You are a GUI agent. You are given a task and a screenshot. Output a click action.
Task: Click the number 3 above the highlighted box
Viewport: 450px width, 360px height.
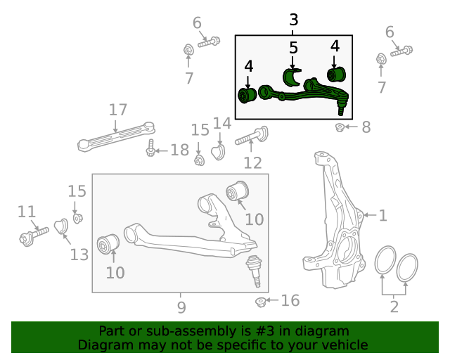pyautogui.click(x=294, y=20)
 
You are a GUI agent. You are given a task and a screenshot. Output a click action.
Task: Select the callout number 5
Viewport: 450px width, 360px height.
pyautogui.click(x=293, y=48)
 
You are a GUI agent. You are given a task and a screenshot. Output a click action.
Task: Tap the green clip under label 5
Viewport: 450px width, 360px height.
pyautogui.click(x=292, y=78)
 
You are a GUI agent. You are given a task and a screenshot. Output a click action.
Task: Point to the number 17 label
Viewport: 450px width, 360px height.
pyautogui.click(x=117, y=110)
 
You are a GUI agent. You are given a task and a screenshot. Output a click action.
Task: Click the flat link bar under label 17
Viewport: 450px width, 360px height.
pyautogui.click(x=116, y=136)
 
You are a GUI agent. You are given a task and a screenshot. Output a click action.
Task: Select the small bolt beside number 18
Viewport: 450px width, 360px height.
pyautogui.click(x=150, y=150)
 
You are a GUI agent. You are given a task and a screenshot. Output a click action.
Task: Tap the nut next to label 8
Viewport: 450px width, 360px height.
pyautogui.click(x=340, y=127)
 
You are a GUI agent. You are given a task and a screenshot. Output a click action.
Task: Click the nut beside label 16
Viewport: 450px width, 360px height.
pyautogui.click(x=261, y=302)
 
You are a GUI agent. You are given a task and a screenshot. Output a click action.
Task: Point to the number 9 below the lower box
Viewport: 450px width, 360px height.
pyautogui.click(x=181, y=307)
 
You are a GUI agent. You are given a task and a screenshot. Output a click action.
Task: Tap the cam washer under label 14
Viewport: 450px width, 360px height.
pyautogui.click(x=218, y=152)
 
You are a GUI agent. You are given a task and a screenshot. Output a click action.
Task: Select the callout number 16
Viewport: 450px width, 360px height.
pyautogui.click(x=290, y=301)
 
